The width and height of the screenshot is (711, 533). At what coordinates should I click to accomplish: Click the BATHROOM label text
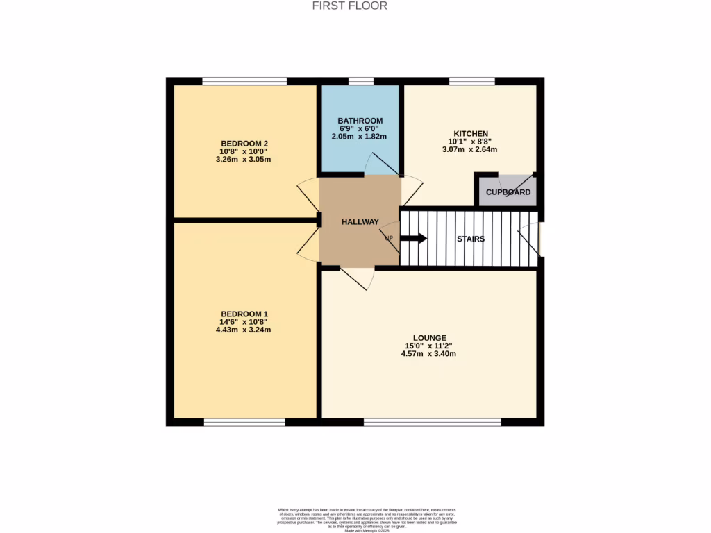tap(360, 121)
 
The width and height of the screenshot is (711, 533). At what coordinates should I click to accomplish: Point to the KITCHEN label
tap(471, 133)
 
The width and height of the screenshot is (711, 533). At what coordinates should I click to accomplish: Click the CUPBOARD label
tap(508, 192)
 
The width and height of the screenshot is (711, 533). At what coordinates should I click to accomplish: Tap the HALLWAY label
tap(360, 222)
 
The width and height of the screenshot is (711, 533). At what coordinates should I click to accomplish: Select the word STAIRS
tap(470, 239)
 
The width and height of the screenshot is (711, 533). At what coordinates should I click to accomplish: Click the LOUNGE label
tap(428, 338)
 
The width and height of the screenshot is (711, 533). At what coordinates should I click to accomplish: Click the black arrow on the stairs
tap(414, 238)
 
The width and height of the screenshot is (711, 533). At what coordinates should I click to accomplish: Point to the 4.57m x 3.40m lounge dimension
tap(428, 354)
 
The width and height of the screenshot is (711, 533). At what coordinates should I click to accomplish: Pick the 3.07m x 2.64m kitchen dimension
tap(470, 149)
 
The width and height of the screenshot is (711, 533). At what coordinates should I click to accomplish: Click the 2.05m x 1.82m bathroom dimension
tap(360, 137)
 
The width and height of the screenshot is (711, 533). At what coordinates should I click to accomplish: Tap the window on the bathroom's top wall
tap(360, 81)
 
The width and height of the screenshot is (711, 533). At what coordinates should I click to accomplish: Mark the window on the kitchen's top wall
tap(472, 81)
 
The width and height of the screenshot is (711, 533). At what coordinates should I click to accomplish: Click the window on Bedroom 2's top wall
tap(244, 81)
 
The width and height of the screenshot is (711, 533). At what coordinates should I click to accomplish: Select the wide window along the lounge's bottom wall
tap(432, 422)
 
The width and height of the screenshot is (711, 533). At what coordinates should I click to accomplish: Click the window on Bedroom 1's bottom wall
tap(244, 422)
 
